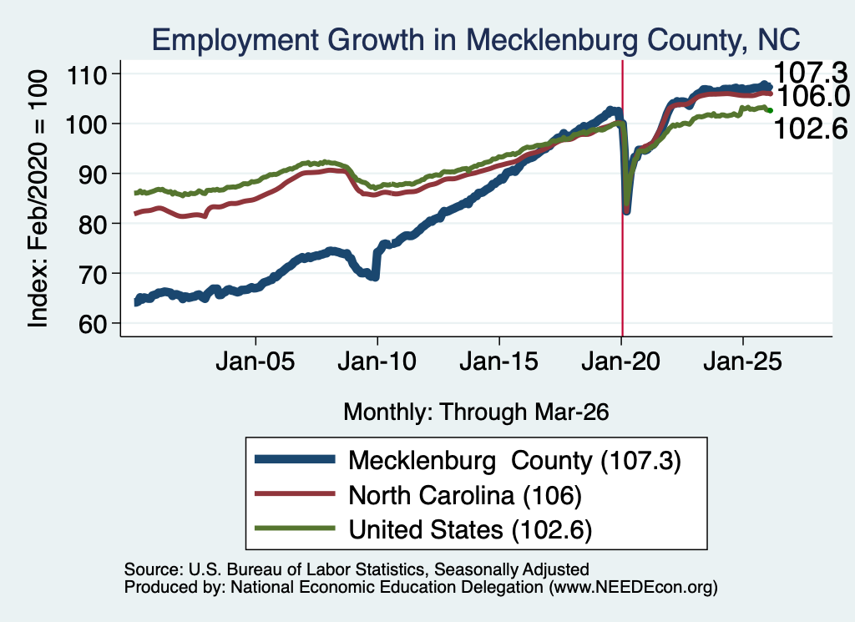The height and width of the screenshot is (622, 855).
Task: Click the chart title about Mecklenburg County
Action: pyautogui.click(x=476, y=39)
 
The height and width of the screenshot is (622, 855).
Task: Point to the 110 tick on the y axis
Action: pyautogui.click(x=86, y=74)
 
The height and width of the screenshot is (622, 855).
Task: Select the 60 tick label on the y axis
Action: pyautogui.click(x=93, y=323)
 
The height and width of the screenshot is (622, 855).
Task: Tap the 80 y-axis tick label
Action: pyautogui.click(x=93, y=224)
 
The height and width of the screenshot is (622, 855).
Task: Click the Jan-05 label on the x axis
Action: pyautogui.click(x=255, y=361)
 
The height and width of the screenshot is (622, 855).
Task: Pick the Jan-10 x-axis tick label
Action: pyautogui.click(x=377, y=361)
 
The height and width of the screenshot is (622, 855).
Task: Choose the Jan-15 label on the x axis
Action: pyautogui.click(x=499, y=361)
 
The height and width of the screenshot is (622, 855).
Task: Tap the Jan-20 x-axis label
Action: pyautogui.click(x=620, y=361)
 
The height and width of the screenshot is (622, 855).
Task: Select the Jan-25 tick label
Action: pyautogui.click(x=742, y=361)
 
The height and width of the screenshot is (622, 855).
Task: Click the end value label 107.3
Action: pyautogui.click(x=811, y=73)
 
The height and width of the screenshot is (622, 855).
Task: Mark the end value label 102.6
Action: pyautogui.click(x=811, y=129)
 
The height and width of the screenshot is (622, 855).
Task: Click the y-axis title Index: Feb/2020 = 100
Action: pyautogui.click(x=38, y=199)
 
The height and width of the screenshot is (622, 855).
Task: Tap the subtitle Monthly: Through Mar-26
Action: pyautogui.click(x=476, y=412)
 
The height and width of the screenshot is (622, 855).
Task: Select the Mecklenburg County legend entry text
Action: pyautogui.click(x=514, y=461)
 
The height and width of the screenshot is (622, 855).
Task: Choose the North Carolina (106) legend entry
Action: pyautogui.click(x=465, y=495)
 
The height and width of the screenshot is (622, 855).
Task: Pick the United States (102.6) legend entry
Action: pyautogui.click(x=470, y=529)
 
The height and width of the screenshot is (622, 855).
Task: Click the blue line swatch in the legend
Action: pyautogui.click(x=295, y=459)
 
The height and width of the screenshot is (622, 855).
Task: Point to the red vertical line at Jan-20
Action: pyautogui.click(x=622, y=198)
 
